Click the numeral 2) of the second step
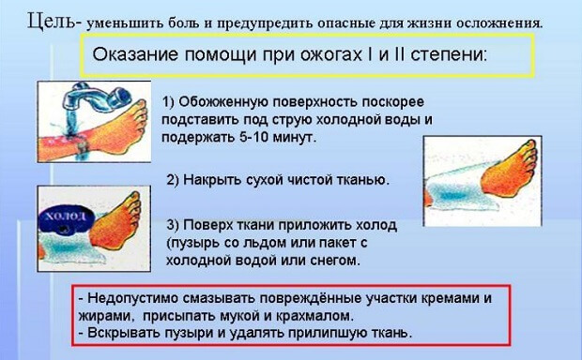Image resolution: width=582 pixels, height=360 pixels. pyautogui.click(x=173, y=179)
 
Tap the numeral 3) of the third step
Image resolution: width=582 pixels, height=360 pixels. pyautogui.click(x=173, y=226)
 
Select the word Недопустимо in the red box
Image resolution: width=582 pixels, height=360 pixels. pyautogui.click(x=132, y=298)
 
